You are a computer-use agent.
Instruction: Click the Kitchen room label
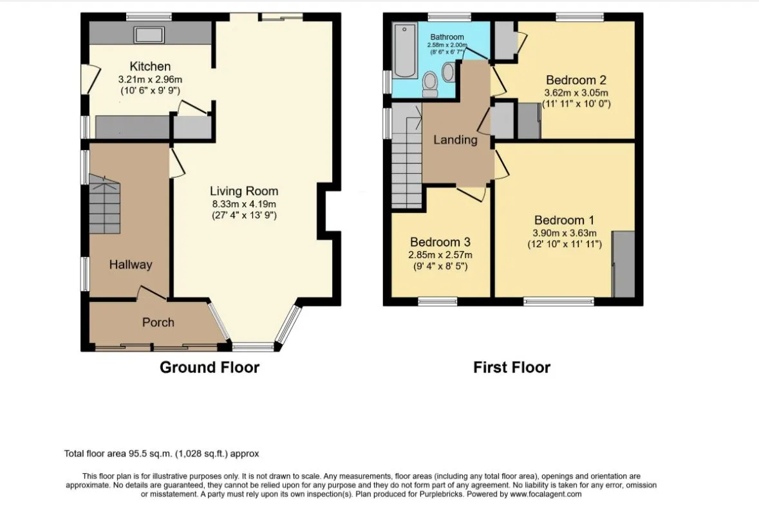[150, 66]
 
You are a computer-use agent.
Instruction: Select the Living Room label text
[244, 191]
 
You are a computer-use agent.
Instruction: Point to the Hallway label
[130, 265]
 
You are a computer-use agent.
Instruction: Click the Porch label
[158, 322]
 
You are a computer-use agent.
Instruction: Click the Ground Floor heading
[209, 368]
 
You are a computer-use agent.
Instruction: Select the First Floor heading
[512, 368]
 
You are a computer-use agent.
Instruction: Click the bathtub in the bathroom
[405, 50]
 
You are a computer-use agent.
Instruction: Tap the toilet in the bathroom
[430, 83]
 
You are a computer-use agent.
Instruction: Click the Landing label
[455, 140]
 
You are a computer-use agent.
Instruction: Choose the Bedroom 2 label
[576, 80]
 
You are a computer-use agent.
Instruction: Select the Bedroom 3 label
[440, 242]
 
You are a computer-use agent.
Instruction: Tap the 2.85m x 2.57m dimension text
[440, 255]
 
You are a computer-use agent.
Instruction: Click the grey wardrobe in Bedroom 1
[623, 264]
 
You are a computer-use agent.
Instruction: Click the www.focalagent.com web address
[546, 494]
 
